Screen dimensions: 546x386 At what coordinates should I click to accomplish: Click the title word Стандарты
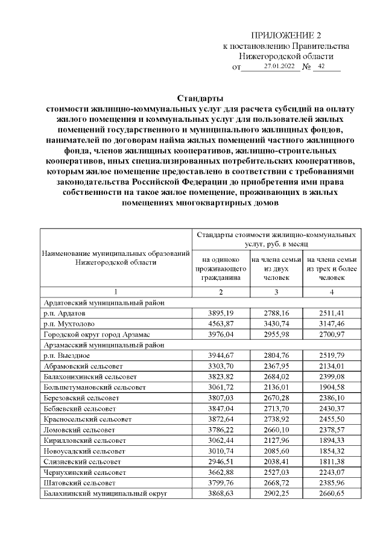(x=200, y=98)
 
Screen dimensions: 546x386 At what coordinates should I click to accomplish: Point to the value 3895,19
(x=221, y=314)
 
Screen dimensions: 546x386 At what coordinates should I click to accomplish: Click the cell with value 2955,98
(x=276, y=334)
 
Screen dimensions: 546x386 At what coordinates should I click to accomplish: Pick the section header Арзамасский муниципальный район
(x=99, y=344)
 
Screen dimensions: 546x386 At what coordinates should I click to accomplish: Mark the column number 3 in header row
(x=276, y=293)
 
